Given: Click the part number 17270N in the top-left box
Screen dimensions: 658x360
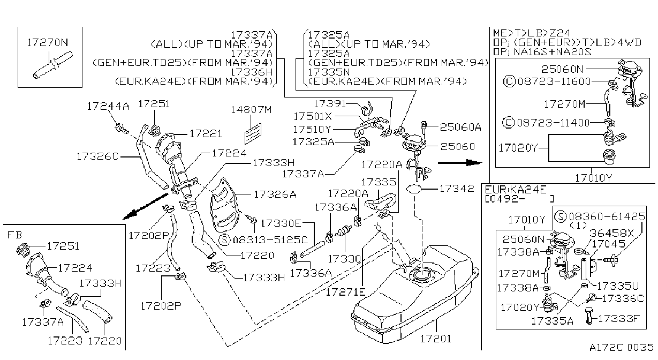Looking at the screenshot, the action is (x=48, y=43).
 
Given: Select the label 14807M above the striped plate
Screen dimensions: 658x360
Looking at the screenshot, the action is (x=251, y=110).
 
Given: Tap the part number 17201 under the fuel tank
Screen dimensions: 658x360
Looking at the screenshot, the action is (x=436, y=339).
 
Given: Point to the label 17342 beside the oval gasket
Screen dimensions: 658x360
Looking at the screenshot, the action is (x=457, y=189).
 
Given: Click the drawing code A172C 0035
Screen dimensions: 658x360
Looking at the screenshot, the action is (x=621, y=348).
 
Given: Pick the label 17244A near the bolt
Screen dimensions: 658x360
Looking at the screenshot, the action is (x=108, y=106).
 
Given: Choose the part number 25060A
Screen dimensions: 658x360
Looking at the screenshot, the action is (x=460, y=127).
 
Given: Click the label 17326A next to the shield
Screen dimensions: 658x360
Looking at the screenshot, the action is (x=275, y=194).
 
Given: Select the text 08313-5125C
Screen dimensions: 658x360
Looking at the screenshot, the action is (x=270, y=240).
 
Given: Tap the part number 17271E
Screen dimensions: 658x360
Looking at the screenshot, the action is (x=346, y=292).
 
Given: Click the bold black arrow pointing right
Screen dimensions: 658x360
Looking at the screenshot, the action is (x=460, y=162).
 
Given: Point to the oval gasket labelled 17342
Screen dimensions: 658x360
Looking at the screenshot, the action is (x=414, y=189).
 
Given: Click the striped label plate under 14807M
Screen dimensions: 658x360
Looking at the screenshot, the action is (x=253, y=134).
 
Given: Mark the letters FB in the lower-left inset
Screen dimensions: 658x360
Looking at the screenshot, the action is (x=14, y=235).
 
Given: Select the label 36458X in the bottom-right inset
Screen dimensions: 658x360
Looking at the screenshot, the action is (x=611, y=233).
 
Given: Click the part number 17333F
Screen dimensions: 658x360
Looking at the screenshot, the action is (x=618, y=319).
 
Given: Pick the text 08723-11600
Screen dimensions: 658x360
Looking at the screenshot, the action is (x=554, y=81).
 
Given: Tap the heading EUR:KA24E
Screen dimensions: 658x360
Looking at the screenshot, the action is (x=516, y=190).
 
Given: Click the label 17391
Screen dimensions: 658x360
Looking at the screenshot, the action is (x=330, y=104).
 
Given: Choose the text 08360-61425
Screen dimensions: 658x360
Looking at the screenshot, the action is (x=607, y=216).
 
